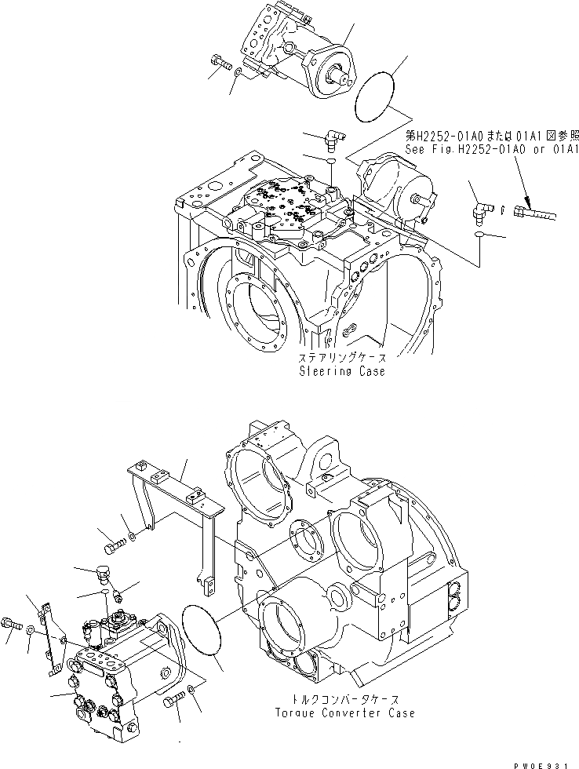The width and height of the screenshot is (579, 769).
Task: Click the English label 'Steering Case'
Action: coord(341,371)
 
